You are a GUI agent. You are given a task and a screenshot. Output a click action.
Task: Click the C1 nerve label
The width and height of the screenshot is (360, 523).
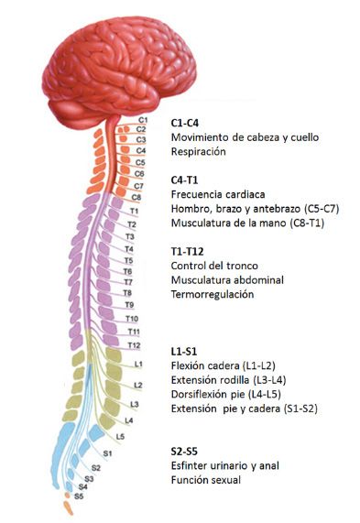pos(143,120)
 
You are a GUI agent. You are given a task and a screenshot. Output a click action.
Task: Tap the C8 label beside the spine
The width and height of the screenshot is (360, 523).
pos(136,197)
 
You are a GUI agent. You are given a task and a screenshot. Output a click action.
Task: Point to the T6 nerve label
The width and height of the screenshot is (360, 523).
pos(127,271)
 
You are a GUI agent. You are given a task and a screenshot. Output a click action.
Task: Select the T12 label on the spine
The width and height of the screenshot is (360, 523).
pos(134,345)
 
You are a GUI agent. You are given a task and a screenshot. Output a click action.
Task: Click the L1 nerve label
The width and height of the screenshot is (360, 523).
pos(138,364)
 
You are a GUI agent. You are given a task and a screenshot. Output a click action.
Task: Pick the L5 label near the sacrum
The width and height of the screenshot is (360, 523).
pos(120,436)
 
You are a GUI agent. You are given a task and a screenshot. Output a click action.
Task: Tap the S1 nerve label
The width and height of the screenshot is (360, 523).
pos(107,453)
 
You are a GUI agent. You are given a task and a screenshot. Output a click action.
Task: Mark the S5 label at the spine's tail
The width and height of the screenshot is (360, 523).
pos(79,496)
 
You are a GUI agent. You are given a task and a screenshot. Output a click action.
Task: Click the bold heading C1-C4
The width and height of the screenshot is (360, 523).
pos(184,123)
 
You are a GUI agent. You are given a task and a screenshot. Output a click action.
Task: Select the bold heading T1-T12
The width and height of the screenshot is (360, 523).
pos(187,251)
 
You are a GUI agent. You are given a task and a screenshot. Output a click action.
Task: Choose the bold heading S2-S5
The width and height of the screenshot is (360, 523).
pos(184,452)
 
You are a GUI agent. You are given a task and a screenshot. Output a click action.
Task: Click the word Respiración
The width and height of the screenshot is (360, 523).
pos(199,152)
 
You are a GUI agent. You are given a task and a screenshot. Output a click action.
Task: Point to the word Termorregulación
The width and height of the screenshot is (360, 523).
pos(213,294)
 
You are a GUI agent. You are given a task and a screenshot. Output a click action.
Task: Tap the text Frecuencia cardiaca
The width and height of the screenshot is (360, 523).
pos(218,194)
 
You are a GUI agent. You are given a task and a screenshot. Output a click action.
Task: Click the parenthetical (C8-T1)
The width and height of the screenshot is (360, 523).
pos(307,223)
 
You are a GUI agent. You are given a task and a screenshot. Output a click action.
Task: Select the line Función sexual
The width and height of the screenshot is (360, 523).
pos(206,480)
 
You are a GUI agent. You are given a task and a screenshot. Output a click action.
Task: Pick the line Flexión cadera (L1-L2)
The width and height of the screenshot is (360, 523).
pos(224,365)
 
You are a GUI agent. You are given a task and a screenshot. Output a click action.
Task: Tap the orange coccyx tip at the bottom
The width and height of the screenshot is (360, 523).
pos(68,508)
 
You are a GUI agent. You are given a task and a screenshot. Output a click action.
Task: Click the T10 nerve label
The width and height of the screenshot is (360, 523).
pos(132,319)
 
